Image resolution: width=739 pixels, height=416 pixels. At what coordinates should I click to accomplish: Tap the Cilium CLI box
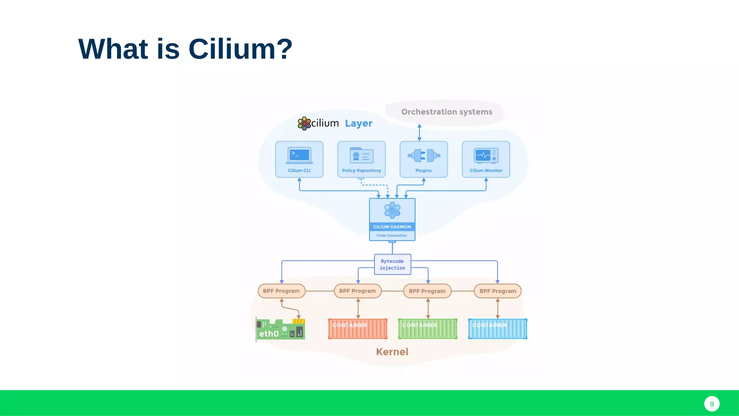point(299,159)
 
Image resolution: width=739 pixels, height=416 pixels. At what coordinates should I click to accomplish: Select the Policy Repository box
point(361,159)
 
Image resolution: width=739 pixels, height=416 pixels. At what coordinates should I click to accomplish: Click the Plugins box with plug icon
point(424,159)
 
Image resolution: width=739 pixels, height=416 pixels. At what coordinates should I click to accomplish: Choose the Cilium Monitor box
point(486,159)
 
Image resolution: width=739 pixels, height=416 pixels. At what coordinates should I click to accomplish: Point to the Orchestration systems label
point(446,112)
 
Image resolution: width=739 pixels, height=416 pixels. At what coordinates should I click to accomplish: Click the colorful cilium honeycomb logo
point(304,123)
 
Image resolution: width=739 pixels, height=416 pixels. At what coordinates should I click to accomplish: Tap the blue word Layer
point(358,123)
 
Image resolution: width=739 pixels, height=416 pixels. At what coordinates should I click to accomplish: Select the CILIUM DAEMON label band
point(392,227)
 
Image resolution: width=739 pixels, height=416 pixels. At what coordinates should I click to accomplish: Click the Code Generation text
point(392,235)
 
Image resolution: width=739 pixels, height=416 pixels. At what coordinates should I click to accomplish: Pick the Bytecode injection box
point(392,264)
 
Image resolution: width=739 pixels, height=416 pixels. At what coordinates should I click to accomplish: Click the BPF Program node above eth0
point(281,291)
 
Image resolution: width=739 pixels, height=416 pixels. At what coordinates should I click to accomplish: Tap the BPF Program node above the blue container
point(498,291)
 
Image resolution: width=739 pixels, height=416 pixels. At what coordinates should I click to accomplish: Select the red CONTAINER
point(358,329)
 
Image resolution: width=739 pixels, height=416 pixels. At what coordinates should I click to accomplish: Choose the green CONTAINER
point(428,329)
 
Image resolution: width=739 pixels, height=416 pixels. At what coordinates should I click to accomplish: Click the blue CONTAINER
point(498,329)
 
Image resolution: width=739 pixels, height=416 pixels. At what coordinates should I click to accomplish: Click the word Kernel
point(392,352)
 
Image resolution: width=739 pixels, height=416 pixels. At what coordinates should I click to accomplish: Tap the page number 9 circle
point(712,404)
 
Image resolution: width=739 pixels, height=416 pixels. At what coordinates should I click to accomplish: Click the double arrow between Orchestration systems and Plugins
point(419,133)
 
